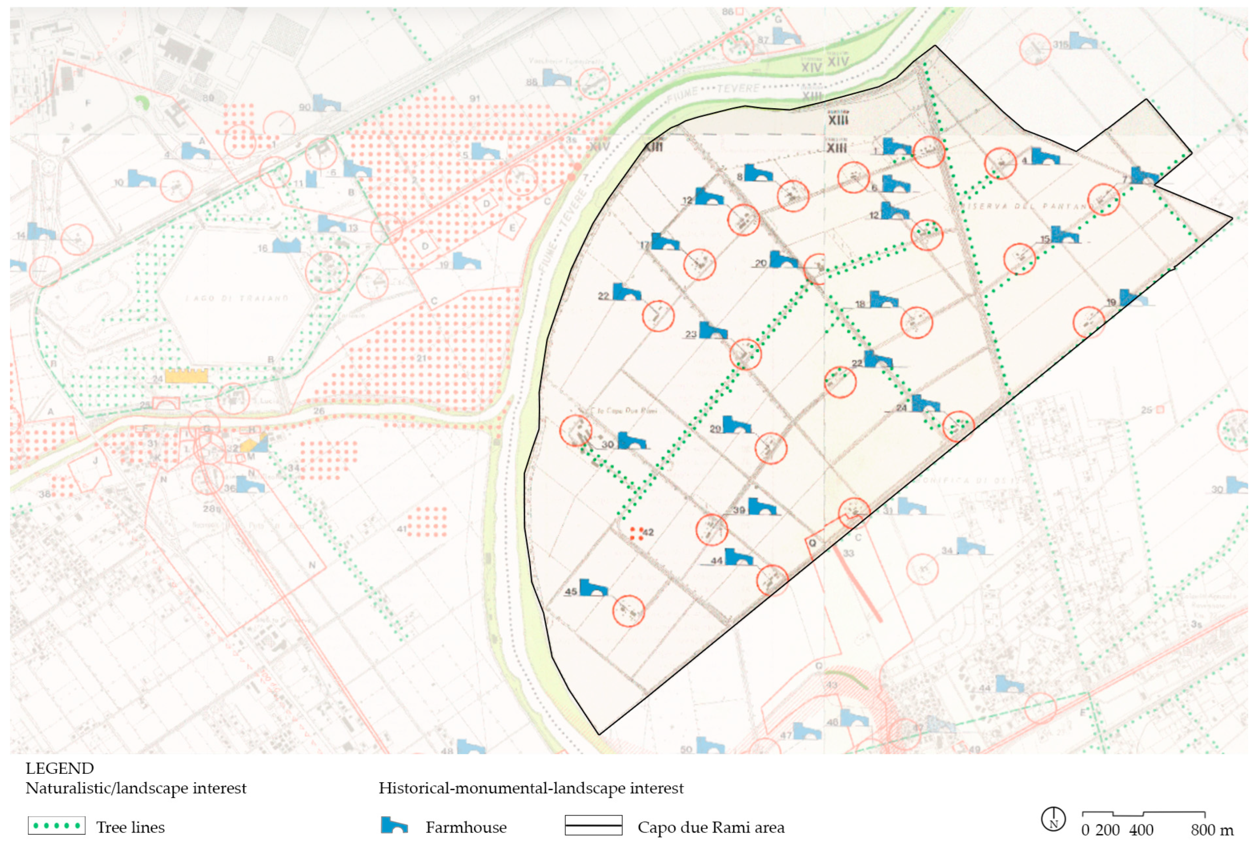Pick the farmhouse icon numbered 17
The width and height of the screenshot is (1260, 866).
click(x=665, y=241)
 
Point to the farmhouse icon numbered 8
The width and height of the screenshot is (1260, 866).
click(x=757, y=174)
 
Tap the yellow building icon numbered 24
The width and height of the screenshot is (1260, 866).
click(x=186, y=376)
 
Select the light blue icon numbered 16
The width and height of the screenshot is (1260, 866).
click(x=286, y=246)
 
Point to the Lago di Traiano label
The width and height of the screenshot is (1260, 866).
click(x=236, y=298)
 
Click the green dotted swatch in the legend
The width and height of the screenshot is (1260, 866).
click(x=57, y=826)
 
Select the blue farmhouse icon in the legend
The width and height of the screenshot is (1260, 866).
click(x=394, y=826)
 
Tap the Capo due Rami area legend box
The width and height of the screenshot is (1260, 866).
click(x=593, y=826)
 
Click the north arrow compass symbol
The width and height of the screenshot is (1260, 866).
click(x=1053, y=819)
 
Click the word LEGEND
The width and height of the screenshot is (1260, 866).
click(x=60, y=769)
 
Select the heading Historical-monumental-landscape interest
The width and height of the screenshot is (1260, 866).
click(x=531, y=788)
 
